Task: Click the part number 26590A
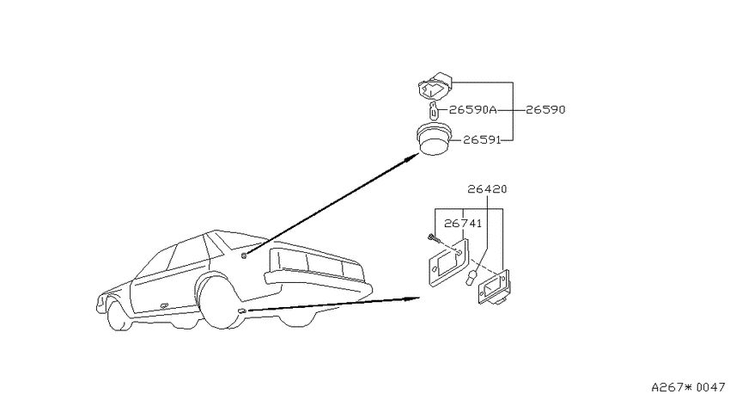472,110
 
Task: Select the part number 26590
545,110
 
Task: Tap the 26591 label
482,139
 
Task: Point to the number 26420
487,188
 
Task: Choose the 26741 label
463,224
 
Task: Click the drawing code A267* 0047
688,387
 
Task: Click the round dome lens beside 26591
434,138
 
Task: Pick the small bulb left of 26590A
433,111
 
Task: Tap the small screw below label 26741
433,238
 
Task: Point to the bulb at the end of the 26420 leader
472,277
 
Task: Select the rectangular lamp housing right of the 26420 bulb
494,287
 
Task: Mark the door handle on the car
164,305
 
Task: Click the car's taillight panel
317,262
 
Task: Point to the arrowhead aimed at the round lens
411,157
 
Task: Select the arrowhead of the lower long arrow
411,298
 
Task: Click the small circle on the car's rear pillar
244,255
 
